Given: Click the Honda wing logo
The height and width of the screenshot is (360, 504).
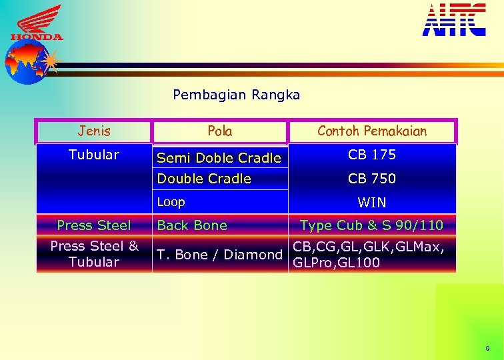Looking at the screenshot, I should coord(37,23).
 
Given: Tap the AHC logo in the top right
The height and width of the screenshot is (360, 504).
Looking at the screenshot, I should coord(454,19).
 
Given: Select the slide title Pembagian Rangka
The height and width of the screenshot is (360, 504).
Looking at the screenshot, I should coord(236,95).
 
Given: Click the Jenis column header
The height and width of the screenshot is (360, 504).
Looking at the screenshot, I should coord(94,131).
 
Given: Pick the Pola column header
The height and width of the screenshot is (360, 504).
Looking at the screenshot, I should coord(220,131).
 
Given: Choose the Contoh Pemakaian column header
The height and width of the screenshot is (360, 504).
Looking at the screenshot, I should coord(372,131).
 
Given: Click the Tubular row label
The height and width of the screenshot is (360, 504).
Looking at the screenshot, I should coord(94,155).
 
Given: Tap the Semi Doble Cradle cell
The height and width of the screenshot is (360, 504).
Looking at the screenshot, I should coord(219,158).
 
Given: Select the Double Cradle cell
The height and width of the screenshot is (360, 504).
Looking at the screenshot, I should coord(204,179).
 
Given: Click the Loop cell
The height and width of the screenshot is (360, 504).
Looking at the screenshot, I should coord(171,202).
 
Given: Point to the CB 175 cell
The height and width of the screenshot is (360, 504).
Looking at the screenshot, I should coord(372,155).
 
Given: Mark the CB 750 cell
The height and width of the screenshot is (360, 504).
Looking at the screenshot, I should coord(372,179).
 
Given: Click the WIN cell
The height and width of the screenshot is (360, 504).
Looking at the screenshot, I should coord(372,202).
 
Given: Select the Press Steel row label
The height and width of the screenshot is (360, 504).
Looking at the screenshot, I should coord(94,225).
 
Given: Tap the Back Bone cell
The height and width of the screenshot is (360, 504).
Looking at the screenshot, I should coord(192,225).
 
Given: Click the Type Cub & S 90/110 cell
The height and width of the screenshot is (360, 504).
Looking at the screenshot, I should coord(372,225).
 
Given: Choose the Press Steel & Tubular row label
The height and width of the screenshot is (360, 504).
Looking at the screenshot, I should coord(94,254).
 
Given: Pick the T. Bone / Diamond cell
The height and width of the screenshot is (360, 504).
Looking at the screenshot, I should coord(219,255).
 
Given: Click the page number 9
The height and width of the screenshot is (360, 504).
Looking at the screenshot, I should coord(487,349).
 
